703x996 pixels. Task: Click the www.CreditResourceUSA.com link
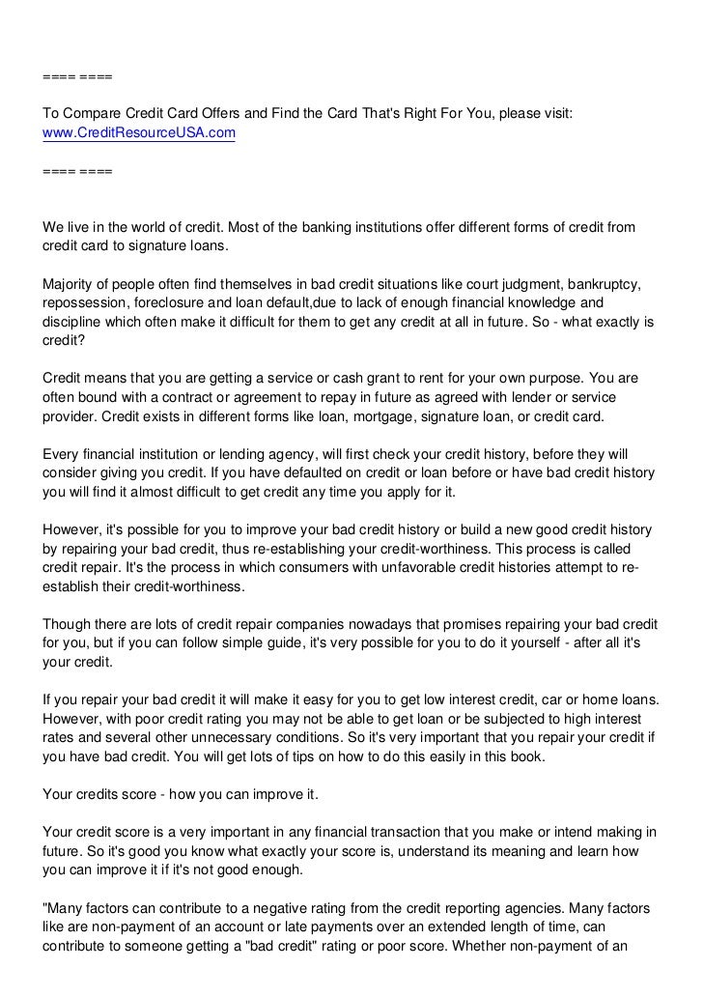(139, 132)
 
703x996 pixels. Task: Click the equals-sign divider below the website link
(77, 171)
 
